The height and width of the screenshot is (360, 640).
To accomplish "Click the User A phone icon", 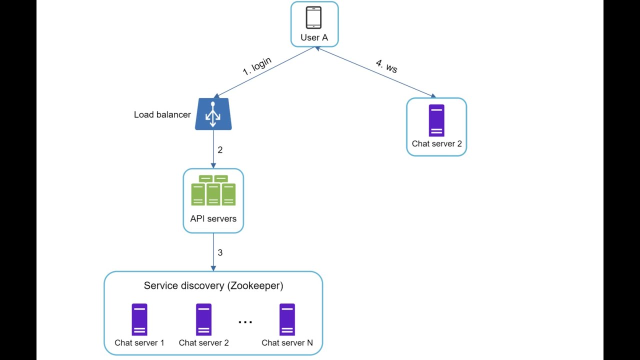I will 314,18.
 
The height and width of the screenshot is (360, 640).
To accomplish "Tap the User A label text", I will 314,37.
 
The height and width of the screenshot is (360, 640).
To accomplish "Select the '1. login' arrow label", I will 257,65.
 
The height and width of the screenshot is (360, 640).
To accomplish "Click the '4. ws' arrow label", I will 386,66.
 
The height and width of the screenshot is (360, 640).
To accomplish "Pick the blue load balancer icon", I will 213,114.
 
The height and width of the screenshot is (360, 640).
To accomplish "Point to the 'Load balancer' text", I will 162,114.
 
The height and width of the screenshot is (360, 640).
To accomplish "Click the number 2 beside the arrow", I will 220,149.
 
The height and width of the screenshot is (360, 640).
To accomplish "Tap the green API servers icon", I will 213,190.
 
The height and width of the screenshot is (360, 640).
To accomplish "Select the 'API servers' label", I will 213,218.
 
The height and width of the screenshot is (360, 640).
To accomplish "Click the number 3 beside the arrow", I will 220,252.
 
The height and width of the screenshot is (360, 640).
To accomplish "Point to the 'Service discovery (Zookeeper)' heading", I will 213,285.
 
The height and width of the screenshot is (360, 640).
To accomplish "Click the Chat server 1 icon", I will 139,319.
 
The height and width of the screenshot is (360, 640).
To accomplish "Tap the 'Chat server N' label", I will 287,342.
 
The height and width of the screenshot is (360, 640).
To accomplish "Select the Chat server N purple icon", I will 287,319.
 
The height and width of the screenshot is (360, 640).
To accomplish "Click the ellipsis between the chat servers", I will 245,322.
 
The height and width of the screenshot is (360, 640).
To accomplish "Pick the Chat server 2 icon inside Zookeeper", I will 203,319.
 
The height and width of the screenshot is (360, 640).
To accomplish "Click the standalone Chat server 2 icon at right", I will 436,120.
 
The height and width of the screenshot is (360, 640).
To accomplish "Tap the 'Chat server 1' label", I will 139,342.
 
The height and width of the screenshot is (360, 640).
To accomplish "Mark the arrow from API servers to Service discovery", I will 213,252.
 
